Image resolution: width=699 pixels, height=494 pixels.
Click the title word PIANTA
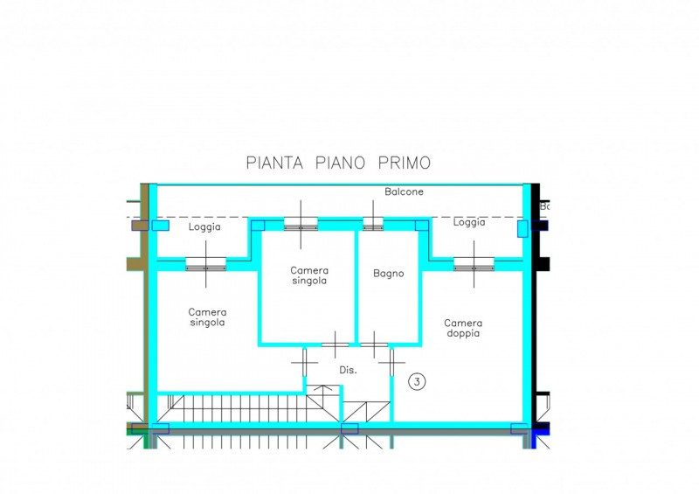pyautogui.click(x=274, y=163)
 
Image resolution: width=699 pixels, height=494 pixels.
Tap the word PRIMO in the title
pyautogui.click(x=405, y=163)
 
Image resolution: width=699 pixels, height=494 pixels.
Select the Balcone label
pyautogui.click(x=404, y=191)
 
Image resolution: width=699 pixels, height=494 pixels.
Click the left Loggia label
pyautogui.click(x=204, y=226)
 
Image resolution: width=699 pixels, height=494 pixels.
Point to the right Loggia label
pyautogui.click(x=469, y=222)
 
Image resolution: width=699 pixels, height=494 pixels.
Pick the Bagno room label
pyautogui.click(x=388, y=274)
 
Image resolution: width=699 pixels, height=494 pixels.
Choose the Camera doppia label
pyautogui.click(x=463, y=328)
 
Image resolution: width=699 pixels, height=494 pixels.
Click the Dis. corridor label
pyautogui.click(x=348, y=370)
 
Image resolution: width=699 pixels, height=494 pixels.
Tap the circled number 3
pyautogui.click(x=417, y=381)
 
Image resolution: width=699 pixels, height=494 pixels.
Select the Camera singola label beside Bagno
pyautogui.click(x=309, y=275)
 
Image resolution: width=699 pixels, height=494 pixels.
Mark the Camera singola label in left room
pyautogui.click(x=207, y=317)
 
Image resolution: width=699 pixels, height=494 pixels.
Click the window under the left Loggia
pyautogui.click(x=206, y=268)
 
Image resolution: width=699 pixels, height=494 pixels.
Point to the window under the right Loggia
pyautogui.click(x=474, y=268)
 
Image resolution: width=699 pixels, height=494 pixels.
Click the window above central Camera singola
pyautogui.click(x=301, y=227)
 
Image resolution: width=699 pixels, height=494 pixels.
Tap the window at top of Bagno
pyautogui.click(x=373, y=227)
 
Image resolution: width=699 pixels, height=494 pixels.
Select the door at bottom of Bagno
pyautogui.click(x=374, y=344)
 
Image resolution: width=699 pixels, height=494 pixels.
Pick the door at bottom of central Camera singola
pyautogui.click(x=335, y=344)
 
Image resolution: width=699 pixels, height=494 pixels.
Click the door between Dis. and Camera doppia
pyautogui.click(x=391, y=362)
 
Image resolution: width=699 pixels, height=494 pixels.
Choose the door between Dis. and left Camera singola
pyautogui.click(x=305, y=362)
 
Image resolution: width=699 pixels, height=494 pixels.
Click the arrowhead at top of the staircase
pyautogui.click(x=322, y=388)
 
